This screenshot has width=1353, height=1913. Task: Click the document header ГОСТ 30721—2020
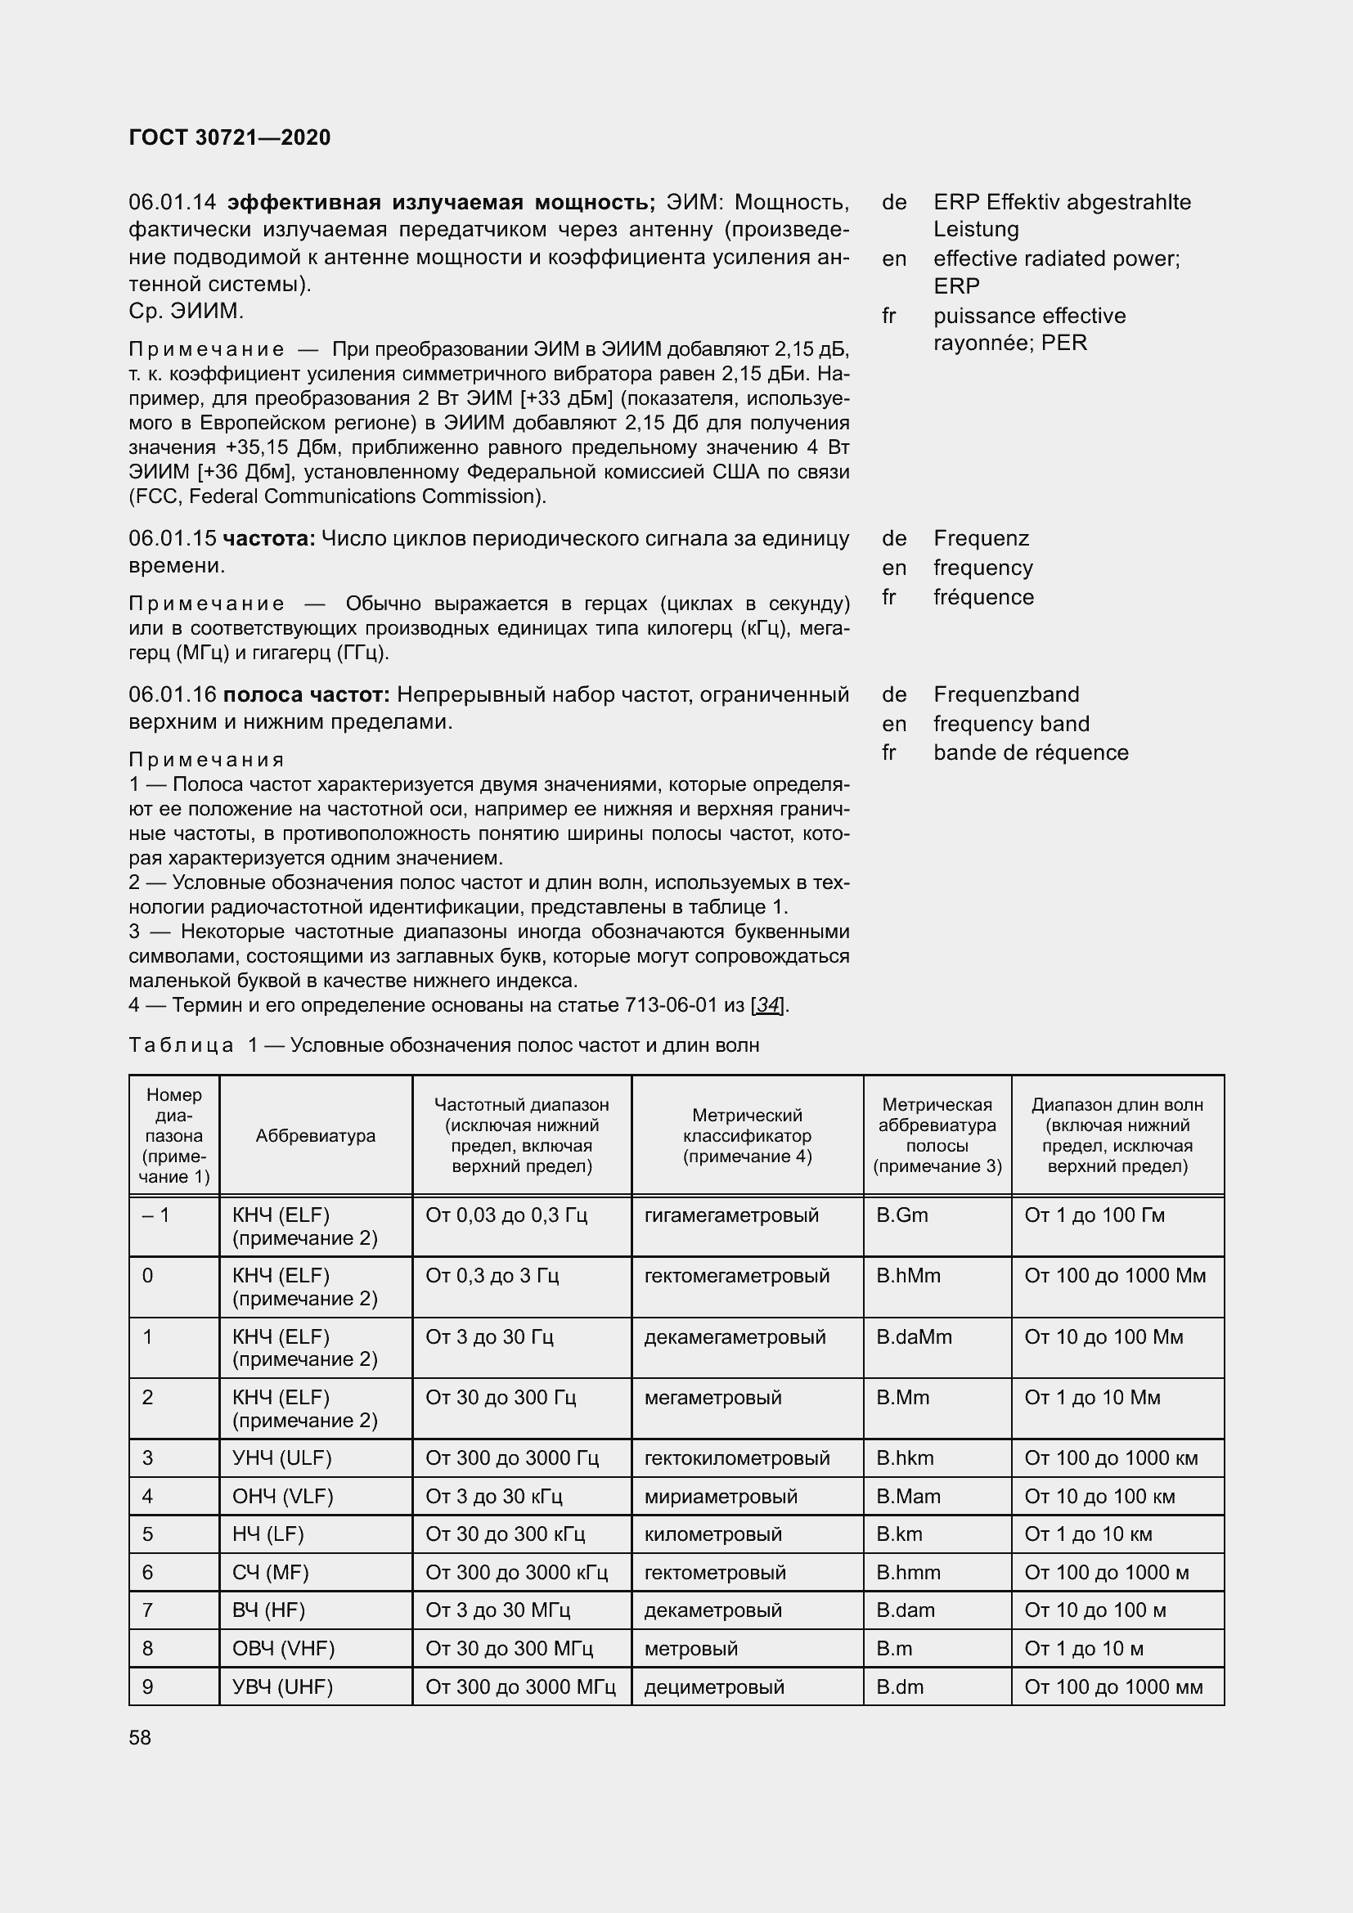point(229,137)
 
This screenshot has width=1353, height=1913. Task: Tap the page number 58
point(140,1737)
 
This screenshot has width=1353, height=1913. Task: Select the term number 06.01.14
point(173,203)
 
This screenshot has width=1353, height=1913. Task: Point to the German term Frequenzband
point(1005,694)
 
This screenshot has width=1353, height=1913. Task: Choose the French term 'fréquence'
point(983,597)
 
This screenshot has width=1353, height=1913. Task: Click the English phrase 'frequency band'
point(1010,723)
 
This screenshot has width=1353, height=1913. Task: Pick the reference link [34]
point(768,1005)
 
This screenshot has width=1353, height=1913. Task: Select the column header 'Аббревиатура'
point(315,1136)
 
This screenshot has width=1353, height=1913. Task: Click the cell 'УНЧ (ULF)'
point(281,1458)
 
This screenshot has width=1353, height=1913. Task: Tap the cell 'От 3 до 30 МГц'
point(497,1610)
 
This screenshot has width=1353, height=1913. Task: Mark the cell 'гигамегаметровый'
point(731,1215)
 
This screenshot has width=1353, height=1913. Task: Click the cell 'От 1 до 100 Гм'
point(1094,1215)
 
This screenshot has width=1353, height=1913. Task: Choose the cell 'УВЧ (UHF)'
point(282,1686)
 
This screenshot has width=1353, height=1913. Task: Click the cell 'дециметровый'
point(714,1686)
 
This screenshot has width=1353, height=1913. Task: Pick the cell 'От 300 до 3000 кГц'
point(515,1572)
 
